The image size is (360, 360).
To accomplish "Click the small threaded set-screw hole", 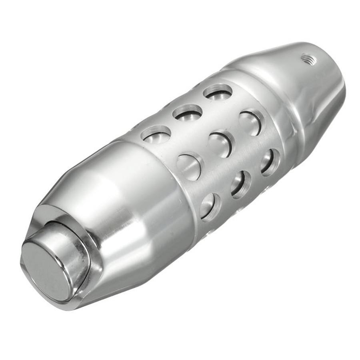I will point(308,59).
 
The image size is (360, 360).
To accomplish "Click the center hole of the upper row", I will point(188,113).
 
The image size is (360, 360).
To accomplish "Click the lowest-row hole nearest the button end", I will point(210,206).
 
